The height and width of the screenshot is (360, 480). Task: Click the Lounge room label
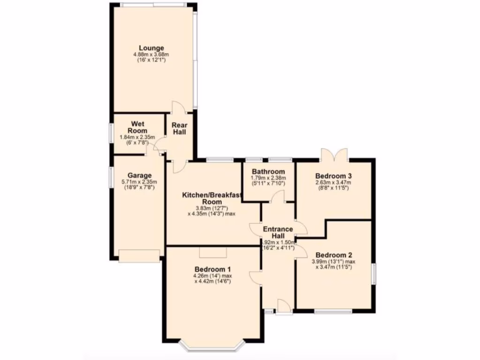point(151,48)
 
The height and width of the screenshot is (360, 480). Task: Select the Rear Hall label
point(179,129)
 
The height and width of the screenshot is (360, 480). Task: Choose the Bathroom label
point(268,172)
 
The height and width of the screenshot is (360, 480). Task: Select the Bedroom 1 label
point(213,270)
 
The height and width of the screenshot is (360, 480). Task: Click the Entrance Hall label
point(278,232)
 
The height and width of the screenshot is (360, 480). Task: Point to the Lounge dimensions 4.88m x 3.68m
point(151,54)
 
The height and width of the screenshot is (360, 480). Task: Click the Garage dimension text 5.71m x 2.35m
point(138,182)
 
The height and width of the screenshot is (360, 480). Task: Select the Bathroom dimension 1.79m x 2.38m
point(268,178)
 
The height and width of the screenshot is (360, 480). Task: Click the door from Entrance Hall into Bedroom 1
point(256,277)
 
